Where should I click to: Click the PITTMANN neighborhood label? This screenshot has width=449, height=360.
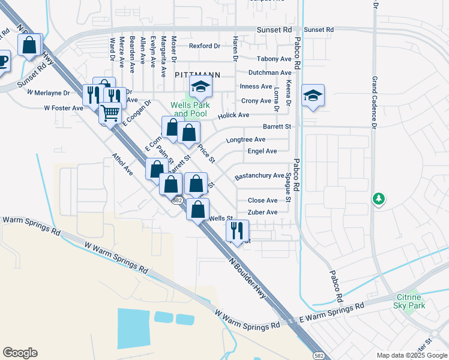pos(197,75)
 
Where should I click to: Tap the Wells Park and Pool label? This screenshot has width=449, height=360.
pos(188,109)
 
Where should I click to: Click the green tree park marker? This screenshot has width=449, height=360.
pos(378,198)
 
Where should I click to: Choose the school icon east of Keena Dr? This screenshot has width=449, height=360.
pos(313,96)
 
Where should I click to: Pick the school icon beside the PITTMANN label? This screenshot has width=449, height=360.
pos(200,88)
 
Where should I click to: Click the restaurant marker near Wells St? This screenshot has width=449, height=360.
pos(238,230)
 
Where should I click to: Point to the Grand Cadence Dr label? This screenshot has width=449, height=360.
pos(374,103)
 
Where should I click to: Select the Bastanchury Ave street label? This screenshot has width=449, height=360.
pos(259,176)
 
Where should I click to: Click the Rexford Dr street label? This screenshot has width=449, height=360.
pos(205,46)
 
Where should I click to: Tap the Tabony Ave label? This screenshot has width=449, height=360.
pos(274,59)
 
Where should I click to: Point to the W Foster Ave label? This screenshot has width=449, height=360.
pos(64,108)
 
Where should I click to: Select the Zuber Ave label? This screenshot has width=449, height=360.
pos(263,212)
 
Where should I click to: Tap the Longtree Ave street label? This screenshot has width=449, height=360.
pos(246,139)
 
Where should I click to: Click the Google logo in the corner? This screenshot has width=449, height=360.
pos(20,353)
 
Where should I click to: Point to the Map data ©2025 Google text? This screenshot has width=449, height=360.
pos(411,355)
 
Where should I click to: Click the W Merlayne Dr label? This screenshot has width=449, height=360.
pos(49,92)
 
